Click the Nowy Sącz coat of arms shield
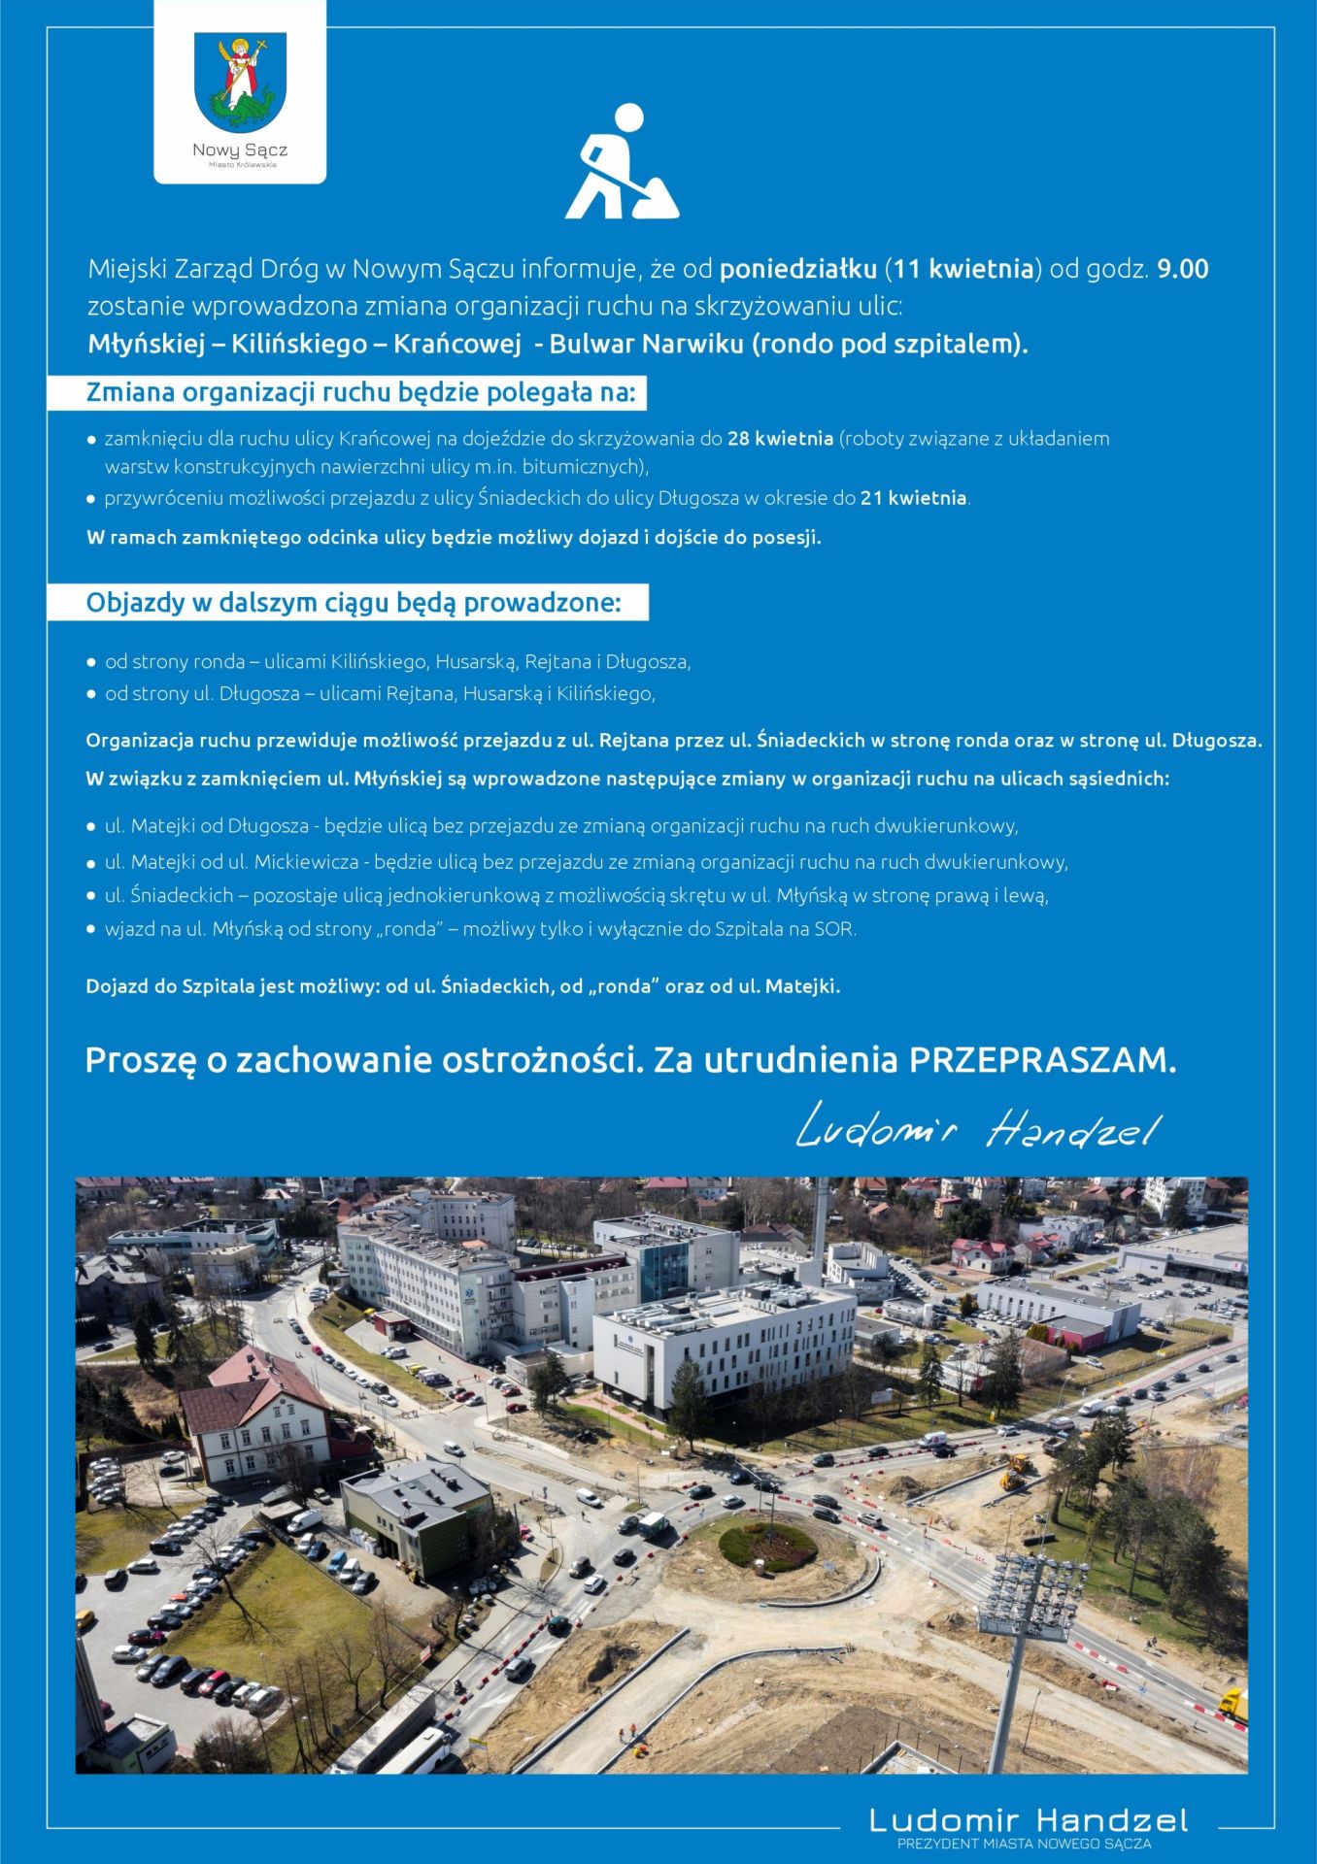click(x=240, y=83)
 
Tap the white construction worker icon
click(x=623, y=162)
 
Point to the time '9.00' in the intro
click(x=1182, y=269)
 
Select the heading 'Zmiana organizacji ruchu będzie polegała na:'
click(x=360, y=393)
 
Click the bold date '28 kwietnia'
click(x=780, y=439)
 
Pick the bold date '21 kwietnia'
click(x=913, y=498)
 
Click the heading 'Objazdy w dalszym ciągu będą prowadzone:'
click(x=353, y=603)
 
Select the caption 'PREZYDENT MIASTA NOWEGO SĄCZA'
click(x=1025, y=1843)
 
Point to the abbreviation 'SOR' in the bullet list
click(x=834, y=929)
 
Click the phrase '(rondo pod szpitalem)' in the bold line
click(x=889, y=345)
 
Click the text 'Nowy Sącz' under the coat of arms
click(x=240, y=150)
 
